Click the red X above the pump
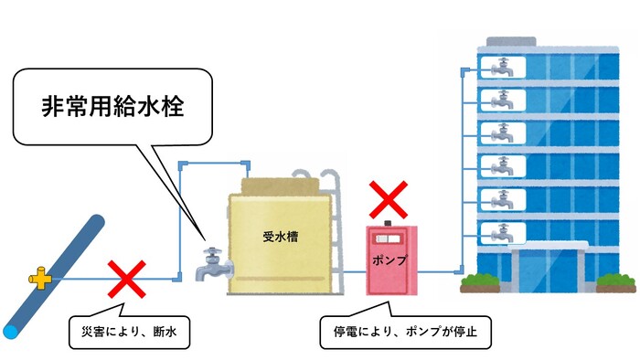[x=388, y=198]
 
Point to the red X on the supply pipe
[x=127, y=279]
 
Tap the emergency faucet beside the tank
[x=213, y=259]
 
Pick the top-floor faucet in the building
[x=502, y=67]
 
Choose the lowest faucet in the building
[x=502, y=232]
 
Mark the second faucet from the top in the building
[x=502, y=100]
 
